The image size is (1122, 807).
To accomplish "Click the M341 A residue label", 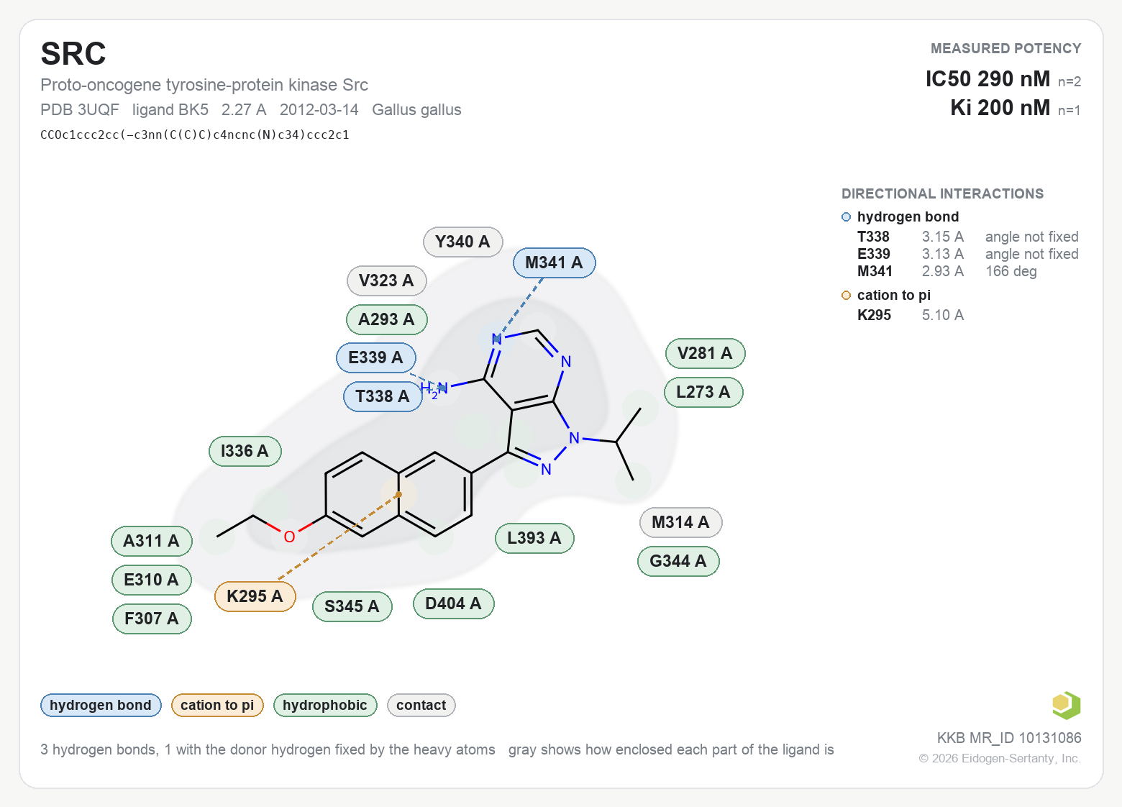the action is (x=554, y=263).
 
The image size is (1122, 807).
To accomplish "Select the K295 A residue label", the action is (x=255, y=596).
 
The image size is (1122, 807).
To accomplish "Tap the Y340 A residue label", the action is (x=463, y=242).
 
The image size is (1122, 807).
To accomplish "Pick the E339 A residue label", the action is (x=375, y=357).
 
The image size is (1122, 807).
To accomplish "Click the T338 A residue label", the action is (x=383, y=396).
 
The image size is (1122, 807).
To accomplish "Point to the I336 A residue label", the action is (x=245, y=451).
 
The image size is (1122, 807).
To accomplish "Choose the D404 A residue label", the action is (x=453, y=603).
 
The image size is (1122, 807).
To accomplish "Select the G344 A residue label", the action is (x=678, y=561).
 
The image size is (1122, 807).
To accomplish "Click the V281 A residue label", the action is (x=706, y=353).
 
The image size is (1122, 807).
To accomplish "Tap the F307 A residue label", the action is (x=152, y=619).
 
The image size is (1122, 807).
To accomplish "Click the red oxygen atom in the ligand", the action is (x=290, y=537).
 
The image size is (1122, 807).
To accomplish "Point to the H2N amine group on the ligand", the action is (x=434, y=388).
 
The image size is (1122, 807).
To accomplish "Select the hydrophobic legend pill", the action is (x=325, y=706).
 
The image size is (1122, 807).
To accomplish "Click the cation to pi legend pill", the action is (x=217, y=706).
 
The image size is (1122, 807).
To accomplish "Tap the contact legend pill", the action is (x=421, y=706).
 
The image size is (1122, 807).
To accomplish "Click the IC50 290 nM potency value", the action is (x=988, y=79).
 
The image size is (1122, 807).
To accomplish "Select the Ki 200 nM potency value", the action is (x=1000, y=108).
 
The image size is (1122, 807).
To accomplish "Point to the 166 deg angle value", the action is (x=1011, y=271).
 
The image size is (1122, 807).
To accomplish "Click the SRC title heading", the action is (x=73, y=53).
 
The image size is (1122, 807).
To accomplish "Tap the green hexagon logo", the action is (x=1067, y=706).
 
